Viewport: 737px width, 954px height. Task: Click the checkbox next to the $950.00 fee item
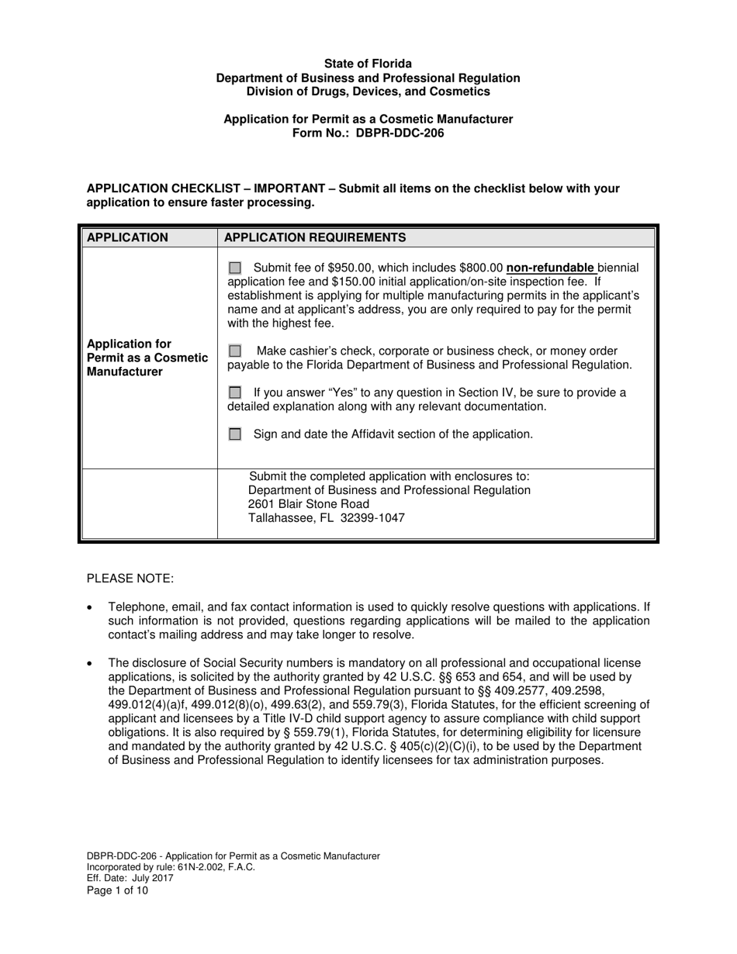235,268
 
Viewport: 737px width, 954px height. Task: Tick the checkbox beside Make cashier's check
235,351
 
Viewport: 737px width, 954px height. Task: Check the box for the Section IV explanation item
235,392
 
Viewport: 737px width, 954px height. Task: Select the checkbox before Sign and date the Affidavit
235,434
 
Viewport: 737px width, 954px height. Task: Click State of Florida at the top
368,64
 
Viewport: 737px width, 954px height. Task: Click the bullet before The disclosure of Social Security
91,663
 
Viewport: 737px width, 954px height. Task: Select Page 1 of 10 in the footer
117,890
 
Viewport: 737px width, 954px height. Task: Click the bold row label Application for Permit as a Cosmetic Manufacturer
147,358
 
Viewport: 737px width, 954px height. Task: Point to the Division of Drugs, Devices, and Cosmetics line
368,92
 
